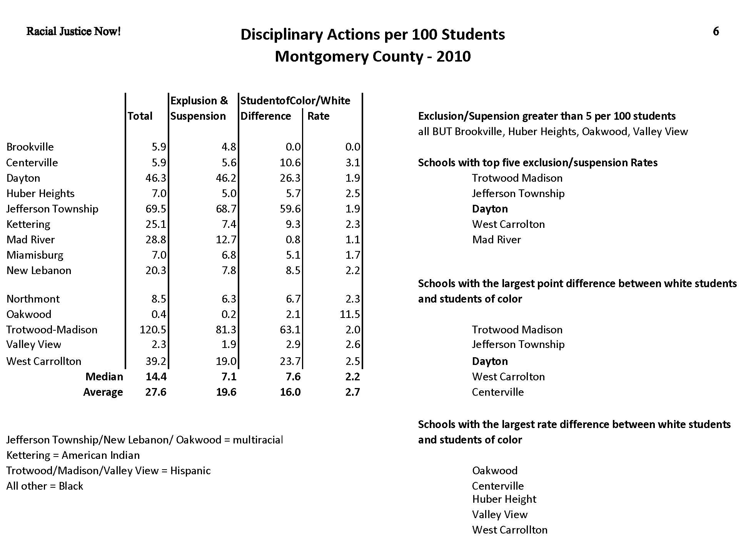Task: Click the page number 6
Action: pyautogui.click(x=716, y=32)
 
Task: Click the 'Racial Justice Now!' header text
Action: pyautogui.click(x=73, y=32)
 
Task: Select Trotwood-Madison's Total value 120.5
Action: pyautogui.click(x=153, y=330)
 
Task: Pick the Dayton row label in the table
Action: pyautogui.click(x=23, y=178)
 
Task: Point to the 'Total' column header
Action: pyautogui.click(x=140, y=116)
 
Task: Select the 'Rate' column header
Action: pyautogui.click(x=318, y=116)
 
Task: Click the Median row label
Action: pyautogui.click(x=104, y=377)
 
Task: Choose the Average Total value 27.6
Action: pyautogui.click(x=156, y=392)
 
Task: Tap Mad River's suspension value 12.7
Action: pyautogui.click(x=226, y=240)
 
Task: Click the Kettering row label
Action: pyautogui.click(x=28, y=224)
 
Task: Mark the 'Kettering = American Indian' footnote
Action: pyautogui.click(x=73, y=455)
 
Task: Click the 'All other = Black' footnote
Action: pyautogui.click(x=45, y=486)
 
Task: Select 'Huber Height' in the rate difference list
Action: pyautogui.click(x=504, y=499)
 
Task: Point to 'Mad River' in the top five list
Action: pyautogui.click(x=496, y=240)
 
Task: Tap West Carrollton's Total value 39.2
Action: pyautogui.click(x=156, y=361)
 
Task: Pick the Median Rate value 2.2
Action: pyautogui.click(x=352, y=377)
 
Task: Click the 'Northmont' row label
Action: pyautogui.click(x=33, y=299)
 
